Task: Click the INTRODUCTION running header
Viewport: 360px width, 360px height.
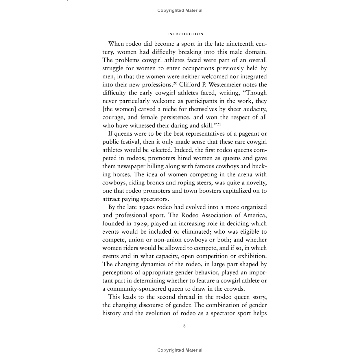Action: [x=185, y=34]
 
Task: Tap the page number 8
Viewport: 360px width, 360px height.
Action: [x=184, y=326]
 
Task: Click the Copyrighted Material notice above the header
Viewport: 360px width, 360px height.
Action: [x=180, y=10]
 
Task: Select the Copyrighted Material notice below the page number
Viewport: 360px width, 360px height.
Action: [x=180, y=350]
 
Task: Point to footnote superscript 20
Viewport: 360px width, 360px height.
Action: [x=175, y=83]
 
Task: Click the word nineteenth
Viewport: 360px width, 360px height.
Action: [x=234, y=44]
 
